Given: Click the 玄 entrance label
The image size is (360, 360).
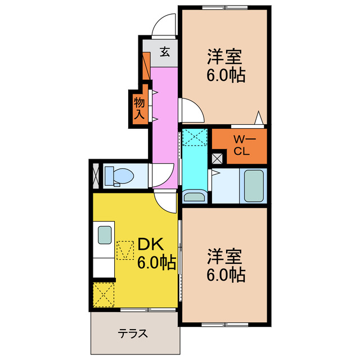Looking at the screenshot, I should click(165, 53).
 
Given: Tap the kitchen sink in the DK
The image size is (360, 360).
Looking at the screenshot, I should click(105, 235).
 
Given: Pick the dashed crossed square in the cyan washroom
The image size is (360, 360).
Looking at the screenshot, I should click(195, 136).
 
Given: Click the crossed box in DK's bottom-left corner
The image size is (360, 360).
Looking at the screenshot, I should click(103, 294).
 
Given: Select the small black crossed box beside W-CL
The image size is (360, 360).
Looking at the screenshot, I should click(218, 158).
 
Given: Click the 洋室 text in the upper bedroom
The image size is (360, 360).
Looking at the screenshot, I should click(224, 57).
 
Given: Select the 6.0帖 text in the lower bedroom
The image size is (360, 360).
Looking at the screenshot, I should click(225, 275).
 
